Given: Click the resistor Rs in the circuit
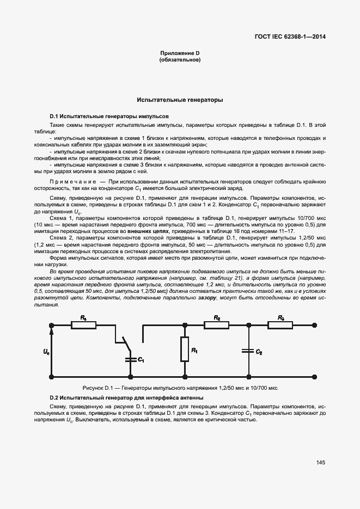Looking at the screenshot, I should click(83, 325).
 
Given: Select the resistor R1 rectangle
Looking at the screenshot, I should click(185, 349).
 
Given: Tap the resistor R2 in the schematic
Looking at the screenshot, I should click(217, 325).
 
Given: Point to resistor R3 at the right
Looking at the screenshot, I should click(280, 325).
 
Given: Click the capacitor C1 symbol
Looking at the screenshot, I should click(131, 359).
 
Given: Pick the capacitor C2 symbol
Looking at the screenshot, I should click(248, 352).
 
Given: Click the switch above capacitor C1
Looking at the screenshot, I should click(125, 343).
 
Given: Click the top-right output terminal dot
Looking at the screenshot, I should click(317, 325).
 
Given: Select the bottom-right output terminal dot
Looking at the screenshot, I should click(317, 376).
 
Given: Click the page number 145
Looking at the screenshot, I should click(320, 463).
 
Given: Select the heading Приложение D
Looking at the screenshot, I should click(180, 53).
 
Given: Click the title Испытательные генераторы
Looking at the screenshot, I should click(180, 101).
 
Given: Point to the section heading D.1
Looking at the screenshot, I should click(109, 116).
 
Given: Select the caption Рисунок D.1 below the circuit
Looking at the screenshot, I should click(180, 388).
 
